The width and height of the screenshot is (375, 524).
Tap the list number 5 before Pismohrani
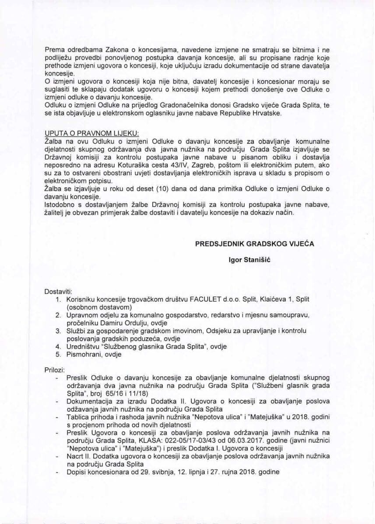tap(58, 355)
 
